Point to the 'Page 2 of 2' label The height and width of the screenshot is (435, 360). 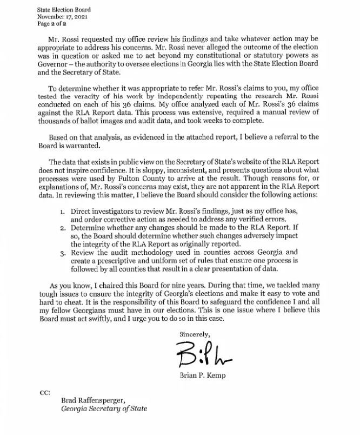point(52,24)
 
